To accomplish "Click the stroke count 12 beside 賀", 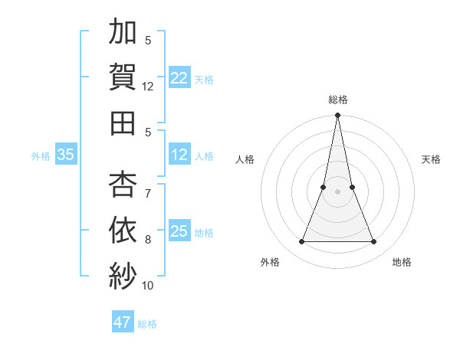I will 148,87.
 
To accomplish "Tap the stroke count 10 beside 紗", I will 148,285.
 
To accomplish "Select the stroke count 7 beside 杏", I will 148,195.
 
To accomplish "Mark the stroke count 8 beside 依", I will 148,240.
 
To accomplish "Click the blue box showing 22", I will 179,77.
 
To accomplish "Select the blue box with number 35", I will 65,155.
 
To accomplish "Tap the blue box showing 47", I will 123,322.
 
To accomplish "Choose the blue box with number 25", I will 179,231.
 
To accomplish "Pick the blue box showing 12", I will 179,155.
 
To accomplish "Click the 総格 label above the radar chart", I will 338,100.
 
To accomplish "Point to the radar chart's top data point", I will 337,116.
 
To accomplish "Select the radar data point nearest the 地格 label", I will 373,242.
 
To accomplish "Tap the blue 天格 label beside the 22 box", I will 204,79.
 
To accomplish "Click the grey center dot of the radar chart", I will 337,192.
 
